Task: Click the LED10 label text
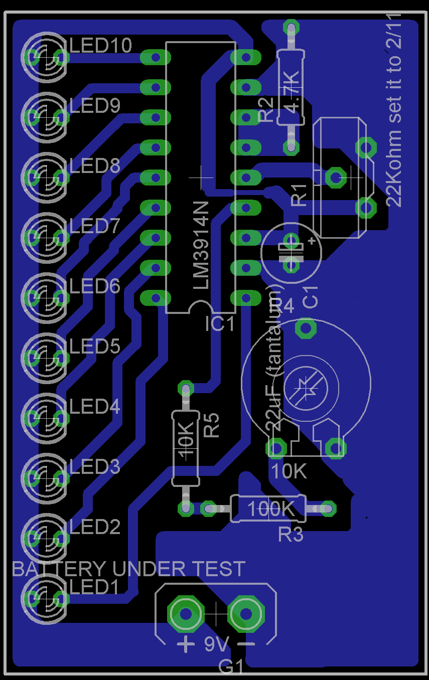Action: click(100, 46)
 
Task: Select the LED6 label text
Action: click(95, 286)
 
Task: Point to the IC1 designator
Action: click(220, 325)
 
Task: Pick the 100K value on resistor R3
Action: click(271, 509)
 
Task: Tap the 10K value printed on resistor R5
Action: click(185, 441)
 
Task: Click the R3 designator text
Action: click(291, 535)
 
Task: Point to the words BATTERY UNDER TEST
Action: click(128, 569)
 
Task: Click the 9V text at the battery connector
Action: click(216, 644)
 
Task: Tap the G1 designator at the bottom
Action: click(231, 667)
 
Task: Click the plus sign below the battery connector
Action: click(186, 643)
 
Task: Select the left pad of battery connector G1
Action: click(186, 613)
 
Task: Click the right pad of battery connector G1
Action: click(246, 613)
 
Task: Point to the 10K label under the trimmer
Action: click(289, 471)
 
